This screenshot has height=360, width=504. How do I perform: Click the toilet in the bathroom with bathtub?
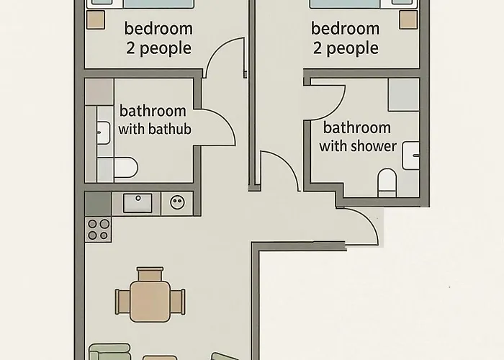pos(125,168)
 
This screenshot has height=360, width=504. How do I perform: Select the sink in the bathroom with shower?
pos(410,156)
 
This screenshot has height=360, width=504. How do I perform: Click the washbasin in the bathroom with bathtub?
pos(102,132)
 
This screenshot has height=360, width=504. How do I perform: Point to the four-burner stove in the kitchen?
pos(98,229)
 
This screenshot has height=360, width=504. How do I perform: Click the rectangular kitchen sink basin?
pos(137,203)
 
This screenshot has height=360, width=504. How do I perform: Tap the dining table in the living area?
pos(150,300)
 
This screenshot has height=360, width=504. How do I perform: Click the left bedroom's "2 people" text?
pos(158,49)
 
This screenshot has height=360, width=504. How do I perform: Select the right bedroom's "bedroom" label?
pos(345,30)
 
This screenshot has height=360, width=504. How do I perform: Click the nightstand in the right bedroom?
pos(408,20)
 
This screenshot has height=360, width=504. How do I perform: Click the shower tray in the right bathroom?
pos(403,94)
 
